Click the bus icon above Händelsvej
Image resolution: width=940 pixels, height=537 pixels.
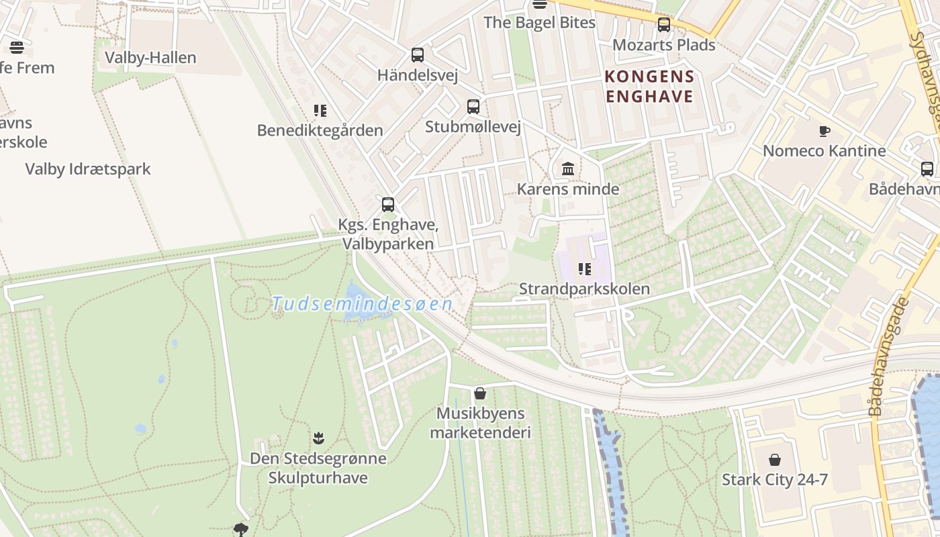click(x=418, y=55)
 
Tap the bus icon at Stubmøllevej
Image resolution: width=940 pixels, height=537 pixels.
click(x=473, y=107)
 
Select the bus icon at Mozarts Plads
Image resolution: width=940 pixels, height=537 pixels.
click(x=664, y=26)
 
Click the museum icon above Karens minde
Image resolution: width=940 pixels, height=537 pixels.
click(x=568, y=168)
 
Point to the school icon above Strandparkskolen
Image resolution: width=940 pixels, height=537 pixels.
click(x=584, y=269)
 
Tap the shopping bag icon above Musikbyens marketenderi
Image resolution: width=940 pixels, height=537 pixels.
click(x=480, y=393)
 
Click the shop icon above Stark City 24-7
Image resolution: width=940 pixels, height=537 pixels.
click(x=775, y=460)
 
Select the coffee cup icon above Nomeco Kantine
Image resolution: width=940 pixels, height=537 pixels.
click(x=825, y=131)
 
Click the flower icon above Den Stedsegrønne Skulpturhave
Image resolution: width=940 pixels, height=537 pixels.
click(x=318, y=438)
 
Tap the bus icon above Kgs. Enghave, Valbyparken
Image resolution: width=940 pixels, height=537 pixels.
click(x=388, y=205)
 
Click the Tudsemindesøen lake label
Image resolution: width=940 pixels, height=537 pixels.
click(x=363, y=304)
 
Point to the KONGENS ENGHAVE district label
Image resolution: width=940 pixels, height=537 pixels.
click(x=649, y=87)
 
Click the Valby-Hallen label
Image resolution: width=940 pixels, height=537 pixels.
click(x=150, y=58)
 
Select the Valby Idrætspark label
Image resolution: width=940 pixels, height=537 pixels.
click(x=88, y=169)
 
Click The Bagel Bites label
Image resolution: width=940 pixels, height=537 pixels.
click(x=539, y=23)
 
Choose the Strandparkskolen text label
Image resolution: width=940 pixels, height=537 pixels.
click(x=584, y=289)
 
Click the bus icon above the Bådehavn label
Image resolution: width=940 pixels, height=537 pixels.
click(x=927, y=169)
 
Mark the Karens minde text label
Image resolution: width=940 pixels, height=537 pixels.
click(x=568, y=189)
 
